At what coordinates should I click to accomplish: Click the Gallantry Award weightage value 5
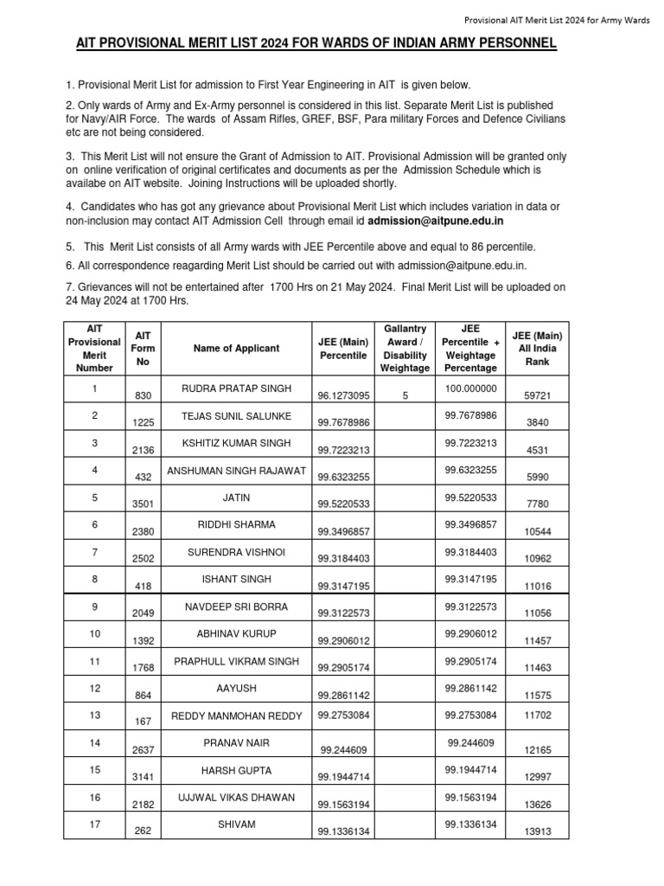[x=405, y=396]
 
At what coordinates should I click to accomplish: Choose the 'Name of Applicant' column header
[x=236, y=348]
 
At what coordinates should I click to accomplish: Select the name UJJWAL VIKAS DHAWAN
[x=236, y=797]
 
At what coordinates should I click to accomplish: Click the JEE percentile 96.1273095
[x=343, y=396]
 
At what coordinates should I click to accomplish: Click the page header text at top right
[x=551, y=20]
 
